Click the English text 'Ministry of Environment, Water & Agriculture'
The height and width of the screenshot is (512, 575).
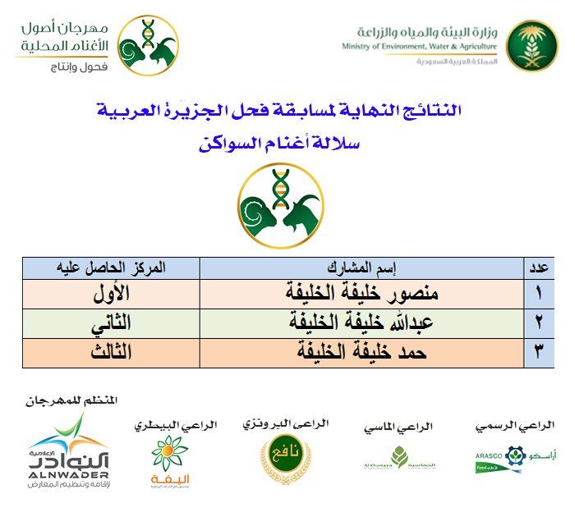(420, 48)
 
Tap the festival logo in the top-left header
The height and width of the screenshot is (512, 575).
(148, 45)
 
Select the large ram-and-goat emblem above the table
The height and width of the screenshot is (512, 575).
(278, 205)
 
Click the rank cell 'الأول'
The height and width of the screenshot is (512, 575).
(110, 294)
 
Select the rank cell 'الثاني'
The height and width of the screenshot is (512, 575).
(110, 323)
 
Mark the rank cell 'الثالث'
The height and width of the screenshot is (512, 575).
(110, 354)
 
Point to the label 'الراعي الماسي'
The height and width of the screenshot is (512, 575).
(398, 427)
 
